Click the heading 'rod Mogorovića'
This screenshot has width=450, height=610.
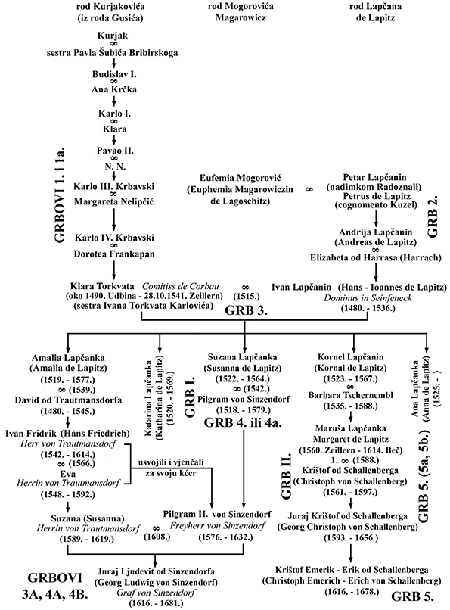241,7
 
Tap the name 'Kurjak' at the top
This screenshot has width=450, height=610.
113,36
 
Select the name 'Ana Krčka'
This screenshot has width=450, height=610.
114,89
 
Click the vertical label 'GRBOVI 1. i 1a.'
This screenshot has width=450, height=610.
60,195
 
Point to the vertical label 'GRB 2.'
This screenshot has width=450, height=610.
433,216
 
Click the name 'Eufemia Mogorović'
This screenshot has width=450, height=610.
241,178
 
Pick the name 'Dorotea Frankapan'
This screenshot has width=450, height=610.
114,254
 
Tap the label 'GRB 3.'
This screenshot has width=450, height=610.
246,310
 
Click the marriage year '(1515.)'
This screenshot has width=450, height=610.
246,297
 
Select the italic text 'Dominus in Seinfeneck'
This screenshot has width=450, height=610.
368,298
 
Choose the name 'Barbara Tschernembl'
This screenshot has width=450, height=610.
351,395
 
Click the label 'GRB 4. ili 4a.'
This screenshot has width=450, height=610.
243,422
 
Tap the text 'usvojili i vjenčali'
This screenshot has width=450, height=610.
171,462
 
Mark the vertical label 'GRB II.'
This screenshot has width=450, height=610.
286,476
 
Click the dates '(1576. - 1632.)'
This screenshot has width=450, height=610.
225,537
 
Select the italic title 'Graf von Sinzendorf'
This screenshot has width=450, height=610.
156,593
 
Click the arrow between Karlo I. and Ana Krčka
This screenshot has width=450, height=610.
114,101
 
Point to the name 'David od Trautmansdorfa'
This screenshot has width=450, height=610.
68,400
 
